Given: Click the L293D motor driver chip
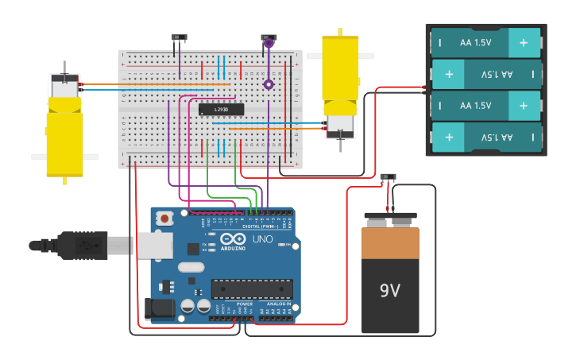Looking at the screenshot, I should tap(221, 109).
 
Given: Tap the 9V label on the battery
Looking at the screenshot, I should tap(389, 290).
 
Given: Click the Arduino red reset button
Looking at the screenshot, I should tap(164, 218).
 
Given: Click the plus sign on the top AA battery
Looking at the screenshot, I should tap(523, 42).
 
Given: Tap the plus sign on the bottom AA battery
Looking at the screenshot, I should tap(449, 137).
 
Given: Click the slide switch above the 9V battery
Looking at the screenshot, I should tap(389, 177).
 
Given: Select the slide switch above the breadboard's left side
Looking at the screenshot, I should tap(180, 37).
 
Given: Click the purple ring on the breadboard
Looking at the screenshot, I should tap(269, 84).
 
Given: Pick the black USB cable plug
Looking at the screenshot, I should tap(79, 245).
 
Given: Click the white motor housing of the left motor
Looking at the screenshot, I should tap(64, 87).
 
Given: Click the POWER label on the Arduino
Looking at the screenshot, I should tap(245, 303).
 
